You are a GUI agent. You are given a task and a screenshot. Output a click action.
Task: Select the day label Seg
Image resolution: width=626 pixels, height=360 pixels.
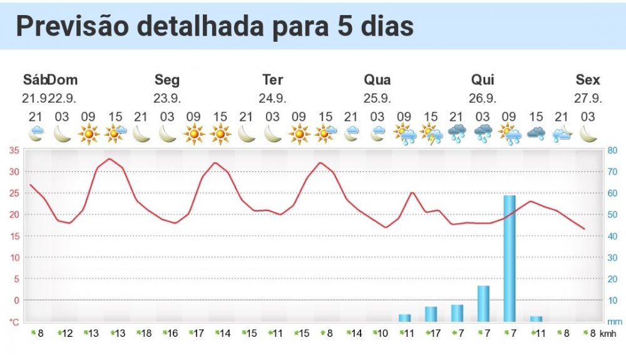(x=167, y=80)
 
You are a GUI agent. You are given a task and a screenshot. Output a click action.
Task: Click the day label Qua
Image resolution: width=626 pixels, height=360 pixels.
(x=377, y=80)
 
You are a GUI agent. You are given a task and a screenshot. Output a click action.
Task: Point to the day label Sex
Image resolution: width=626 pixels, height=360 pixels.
(x=588, y=80)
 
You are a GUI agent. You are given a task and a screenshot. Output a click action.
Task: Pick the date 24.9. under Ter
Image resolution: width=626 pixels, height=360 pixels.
(x=272, y=98)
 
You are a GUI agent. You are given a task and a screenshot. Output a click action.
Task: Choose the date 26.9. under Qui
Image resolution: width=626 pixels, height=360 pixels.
(x=483, y=98)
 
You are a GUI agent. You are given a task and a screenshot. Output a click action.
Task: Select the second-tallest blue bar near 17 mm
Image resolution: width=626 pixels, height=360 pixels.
(x=483, y=303)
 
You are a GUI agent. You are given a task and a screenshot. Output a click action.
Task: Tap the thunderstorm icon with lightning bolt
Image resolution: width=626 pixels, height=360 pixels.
(x=431, y=133)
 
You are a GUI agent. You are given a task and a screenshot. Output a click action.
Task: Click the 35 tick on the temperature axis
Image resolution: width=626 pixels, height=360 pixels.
(x=13, y=150)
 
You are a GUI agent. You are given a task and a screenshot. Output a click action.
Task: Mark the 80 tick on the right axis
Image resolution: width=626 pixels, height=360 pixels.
(x=613, y=150)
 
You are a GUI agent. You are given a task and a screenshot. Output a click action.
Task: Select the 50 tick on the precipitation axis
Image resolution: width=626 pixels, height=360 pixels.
(x=613, y=215)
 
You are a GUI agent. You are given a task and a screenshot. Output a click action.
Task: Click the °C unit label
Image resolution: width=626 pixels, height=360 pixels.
(x=14, y=322)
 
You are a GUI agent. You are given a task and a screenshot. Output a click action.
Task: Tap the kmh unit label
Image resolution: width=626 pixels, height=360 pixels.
(x=608, y=334)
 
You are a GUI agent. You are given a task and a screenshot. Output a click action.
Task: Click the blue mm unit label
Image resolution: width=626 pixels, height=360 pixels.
(x=613, y=322)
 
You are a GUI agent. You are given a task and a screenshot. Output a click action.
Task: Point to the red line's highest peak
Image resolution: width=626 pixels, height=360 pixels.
(x=110, y=158)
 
